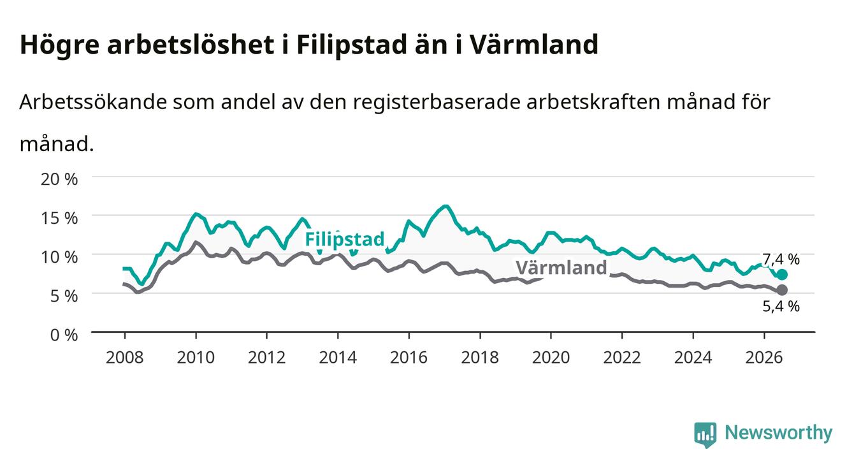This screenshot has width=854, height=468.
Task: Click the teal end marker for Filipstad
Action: (x=782, y=275)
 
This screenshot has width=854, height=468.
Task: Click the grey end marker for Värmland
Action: (x=782, y=290)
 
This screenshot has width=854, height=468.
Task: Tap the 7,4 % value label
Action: (x=781, y=260)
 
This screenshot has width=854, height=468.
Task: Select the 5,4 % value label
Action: (x=781, y=306)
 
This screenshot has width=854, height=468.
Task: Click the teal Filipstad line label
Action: (x=345, y=240)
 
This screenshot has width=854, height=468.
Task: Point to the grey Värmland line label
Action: (x=561, y=267)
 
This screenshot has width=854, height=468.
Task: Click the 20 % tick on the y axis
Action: (x=59, y=179)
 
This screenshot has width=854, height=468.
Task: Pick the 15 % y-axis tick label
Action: (x=59, y=218)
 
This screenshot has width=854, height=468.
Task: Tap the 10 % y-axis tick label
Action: (x=59, y=257)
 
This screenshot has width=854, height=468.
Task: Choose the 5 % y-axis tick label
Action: (x=64, y=296)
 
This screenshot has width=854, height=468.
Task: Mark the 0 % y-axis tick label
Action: (x=64, y=335)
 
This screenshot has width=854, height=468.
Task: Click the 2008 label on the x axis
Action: (x=125, y=358)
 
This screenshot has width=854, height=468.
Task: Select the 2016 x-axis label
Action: (x=409, y=358)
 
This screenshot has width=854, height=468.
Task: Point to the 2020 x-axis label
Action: (x=551, y=358)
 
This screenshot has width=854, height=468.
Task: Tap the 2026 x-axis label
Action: (x=764, y=358)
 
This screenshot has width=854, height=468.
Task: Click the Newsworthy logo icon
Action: (x=706, y=435)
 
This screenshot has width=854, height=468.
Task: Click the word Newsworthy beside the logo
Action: (x=779, y=433)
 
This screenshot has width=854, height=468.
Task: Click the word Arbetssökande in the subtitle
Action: (x=93, y=102)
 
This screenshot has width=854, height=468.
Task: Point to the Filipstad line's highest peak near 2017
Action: (x=445, y=207)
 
